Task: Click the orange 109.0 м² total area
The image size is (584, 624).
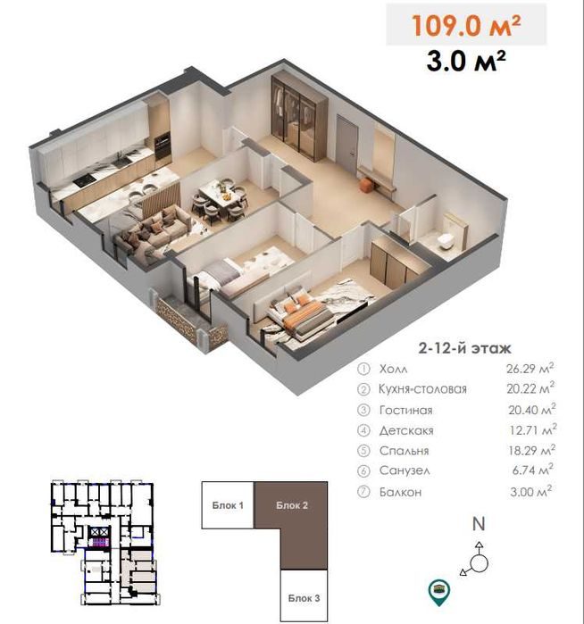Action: (x=466, y=25)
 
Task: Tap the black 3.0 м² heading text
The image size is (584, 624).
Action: (x=466, y=61)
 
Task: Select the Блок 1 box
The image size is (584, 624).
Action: (x=228, y=505)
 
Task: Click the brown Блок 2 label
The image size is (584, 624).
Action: (x=292, y=505)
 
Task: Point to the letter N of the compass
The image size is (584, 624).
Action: (x=479, y=524)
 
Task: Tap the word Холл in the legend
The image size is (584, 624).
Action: (x=393, y=369)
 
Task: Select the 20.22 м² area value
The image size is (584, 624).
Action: (x=530, y=387)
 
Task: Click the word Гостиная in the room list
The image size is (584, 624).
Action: (x=405, y=411)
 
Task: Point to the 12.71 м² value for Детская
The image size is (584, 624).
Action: (x=532, y=429)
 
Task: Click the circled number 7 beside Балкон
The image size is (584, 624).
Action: (x=363, y=492)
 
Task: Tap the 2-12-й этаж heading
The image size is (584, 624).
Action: (x=464, y=348)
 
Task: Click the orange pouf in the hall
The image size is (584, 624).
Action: (x=366, y=186)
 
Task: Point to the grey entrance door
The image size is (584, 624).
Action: (x=346, y=145)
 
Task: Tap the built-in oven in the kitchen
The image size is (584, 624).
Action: (x=163, y=147)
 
